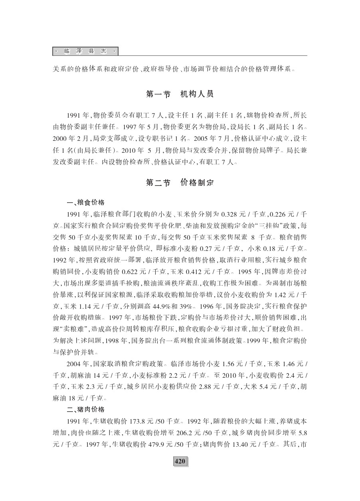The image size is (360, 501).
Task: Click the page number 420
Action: pos(180,461)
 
